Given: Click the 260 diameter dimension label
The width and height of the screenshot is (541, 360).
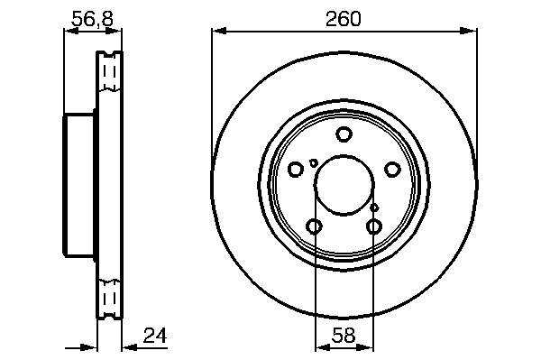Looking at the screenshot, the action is pyautogui.click(x=344, y=19).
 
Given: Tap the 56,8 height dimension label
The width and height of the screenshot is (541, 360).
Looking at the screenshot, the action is pyautogui.click(x=92, y=19).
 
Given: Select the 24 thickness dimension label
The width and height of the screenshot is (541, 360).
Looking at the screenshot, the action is pyautogui.click(x=155, y=335).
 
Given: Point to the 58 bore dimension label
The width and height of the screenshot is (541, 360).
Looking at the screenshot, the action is pyautogui.click(x=344, y=335).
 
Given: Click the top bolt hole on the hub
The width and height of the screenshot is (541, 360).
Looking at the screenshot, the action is pyautogui.click(x=344, y=134).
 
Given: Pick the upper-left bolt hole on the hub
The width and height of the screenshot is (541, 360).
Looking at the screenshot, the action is pyautogui.click(x=296, y=169).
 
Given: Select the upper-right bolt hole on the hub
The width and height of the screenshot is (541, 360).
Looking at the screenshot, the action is pyautogui.click(x=392, y=169).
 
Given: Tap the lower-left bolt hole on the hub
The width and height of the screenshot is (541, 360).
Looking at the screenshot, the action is pyautogui.click(x=314, y=226).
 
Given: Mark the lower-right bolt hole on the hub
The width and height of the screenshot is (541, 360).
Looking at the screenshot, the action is pyautogui.click(x=373, y=226).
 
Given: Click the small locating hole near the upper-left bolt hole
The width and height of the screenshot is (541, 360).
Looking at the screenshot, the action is pyautogui.click(x=313, y=162).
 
